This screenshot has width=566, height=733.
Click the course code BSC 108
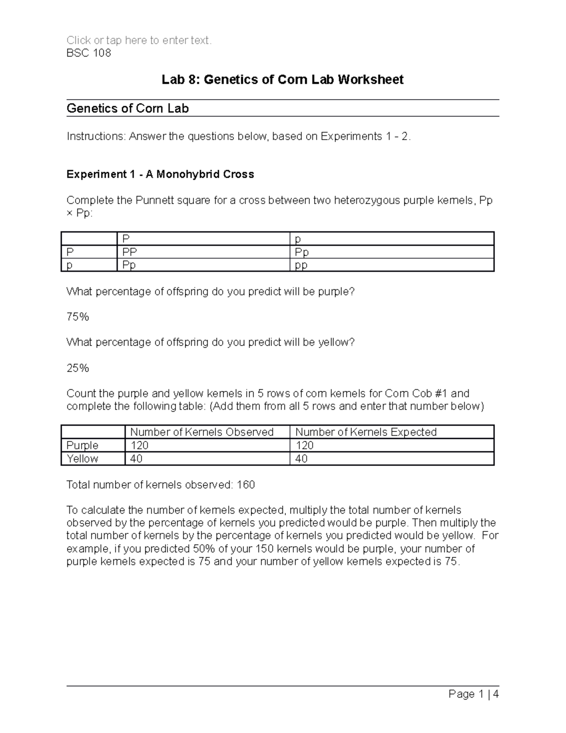(x=89, y=53)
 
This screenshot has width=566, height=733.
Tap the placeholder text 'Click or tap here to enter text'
(x=139, y=41)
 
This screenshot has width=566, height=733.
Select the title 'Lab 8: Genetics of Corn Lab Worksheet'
(x=283, y=80)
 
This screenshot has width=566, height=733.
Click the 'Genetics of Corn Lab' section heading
(x=128, y=109)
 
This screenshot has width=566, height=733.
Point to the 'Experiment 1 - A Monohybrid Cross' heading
(x=160, y=175)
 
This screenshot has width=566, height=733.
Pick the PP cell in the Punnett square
(x=130, y=252)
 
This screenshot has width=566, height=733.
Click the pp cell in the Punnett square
(x=301, y=265)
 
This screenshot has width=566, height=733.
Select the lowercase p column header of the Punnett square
(x=298, y=239)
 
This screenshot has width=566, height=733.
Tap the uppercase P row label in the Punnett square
(x=70, y=252)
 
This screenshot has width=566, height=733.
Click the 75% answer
(x=78, y=317)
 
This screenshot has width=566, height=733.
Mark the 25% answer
(x=78, y=368)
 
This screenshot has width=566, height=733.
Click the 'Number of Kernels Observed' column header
(x=202, y=432)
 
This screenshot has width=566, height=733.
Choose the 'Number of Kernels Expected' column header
(x=366, y=432)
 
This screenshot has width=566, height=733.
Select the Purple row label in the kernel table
(x=83, y=446)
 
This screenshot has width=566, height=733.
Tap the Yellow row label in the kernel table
(x=83, y=459)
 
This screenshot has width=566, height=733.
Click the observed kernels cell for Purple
(x=140, y=446)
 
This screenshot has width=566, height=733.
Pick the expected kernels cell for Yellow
(x=301, y=459)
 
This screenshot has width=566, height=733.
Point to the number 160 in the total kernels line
(x=246, y=485)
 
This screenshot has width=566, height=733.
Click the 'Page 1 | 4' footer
(x=474, y=694)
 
